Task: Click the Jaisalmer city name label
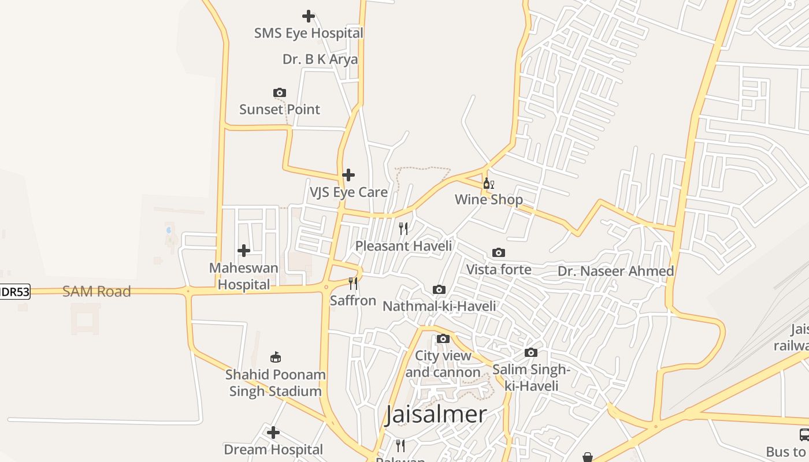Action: click(436, 414)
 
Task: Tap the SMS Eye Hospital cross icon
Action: click(309, 16)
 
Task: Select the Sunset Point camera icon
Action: click(280, 92)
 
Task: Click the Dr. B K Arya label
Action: click(320, 59)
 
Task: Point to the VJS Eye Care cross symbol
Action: click(348, 174)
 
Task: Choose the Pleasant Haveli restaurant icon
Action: click(403, 229)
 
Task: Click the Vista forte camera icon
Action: click(499, 252)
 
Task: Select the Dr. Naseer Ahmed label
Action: click(615, 271)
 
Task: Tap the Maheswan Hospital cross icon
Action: click(244, 251)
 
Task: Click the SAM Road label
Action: click(97, 291)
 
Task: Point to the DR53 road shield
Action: click(14, 292)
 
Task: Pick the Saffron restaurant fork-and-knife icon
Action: click(352, 284)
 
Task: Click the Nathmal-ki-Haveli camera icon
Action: click(439, 289)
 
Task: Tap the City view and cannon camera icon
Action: click(443, 338)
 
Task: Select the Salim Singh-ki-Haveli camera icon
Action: click(531, 352)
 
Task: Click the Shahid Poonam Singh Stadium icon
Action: click(276, 357)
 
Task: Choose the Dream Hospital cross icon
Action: click(273, 432)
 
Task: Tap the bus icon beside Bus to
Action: click(804, 434)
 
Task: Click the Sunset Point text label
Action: click(280, 109)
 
